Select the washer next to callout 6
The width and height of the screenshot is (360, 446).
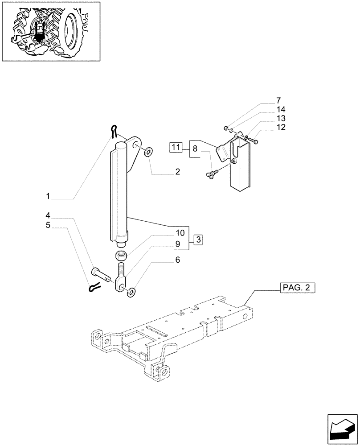(131, 293)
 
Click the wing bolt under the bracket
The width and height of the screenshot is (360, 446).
(211, 174)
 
